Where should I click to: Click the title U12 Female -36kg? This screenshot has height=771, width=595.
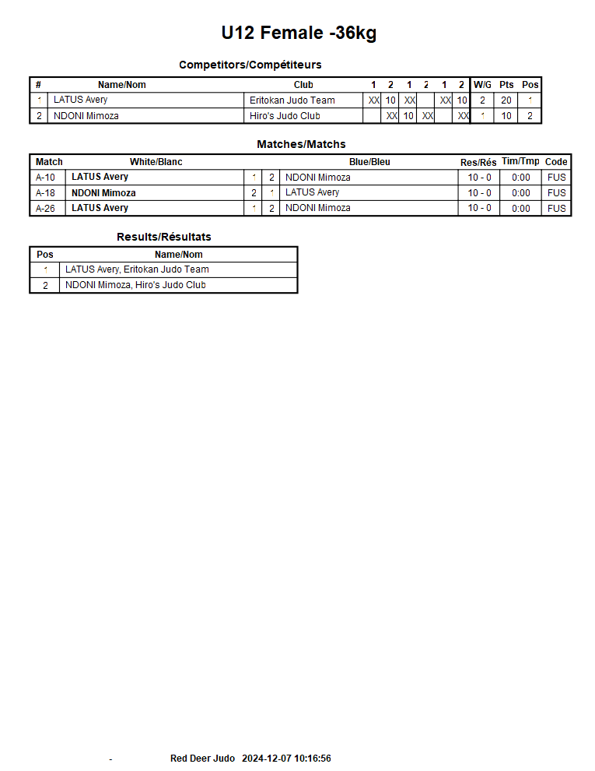point(299,33)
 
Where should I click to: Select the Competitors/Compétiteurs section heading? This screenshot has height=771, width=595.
point(250,65)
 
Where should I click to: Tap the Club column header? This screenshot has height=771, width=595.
point(303,85)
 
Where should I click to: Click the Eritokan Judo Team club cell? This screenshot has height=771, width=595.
point(292,100)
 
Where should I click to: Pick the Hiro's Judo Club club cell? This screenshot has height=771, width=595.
point(285,116)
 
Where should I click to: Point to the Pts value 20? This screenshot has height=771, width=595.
point(506,100)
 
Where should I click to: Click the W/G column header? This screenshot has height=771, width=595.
point(482,85)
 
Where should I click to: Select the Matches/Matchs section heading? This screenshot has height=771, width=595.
point(301,144)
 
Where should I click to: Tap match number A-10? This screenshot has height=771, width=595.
point(46,178)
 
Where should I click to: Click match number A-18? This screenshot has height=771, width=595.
point(46,193)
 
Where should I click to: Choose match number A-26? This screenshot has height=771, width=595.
point(46,208)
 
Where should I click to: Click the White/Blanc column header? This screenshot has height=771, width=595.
point(156,162)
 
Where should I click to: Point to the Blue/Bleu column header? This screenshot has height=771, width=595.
point(369,162)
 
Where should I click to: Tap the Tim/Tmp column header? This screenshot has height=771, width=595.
point(520,161)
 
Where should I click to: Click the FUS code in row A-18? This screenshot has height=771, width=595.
point(556,193)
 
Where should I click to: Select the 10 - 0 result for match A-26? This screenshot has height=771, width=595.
point(479,208)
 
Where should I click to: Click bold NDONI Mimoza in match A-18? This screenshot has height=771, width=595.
point(103,193)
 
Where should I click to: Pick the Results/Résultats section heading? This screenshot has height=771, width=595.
point(163,237)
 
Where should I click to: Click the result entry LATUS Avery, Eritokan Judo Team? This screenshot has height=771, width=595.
point(137,269)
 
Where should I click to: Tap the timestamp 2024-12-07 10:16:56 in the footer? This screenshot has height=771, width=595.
point(286,759)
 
